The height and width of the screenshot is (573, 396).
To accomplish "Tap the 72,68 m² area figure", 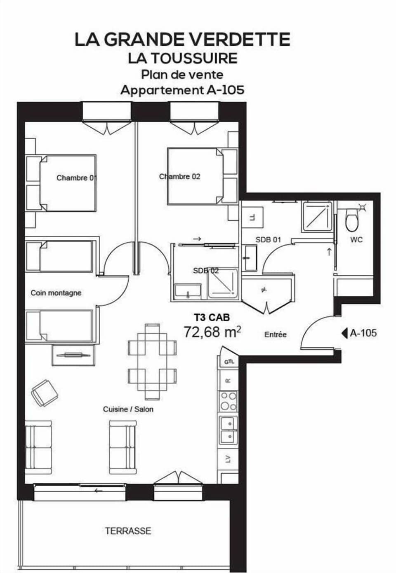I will [x=212, y=331].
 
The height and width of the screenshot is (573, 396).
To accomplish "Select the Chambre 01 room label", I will [x=76, y=178].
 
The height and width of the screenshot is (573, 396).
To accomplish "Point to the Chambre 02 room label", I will [x=180, y=176].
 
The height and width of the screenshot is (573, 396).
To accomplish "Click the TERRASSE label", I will [x=128, y=531].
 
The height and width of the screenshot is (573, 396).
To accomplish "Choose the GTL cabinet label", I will [x=229, y=362].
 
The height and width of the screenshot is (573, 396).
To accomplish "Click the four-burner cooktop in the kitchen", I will [x=229, y=401].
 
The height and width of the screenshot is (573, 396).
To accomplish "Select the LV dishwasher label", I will [x=228, y=458].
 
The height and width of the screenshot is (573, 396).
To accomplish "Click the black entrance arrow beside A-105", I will [x=344, y=332].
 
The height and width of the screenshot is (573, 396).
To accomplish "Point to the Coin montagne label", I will [x=56, y=293].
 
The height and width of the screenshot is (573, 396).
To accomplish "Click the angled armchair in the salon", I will [x=44, y=392].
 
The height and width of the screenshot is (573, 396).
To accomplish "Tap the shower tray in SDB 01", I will [x=317, y=217].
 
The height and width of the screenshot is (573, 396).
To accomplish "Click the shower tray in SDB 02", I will [x=223, y=284].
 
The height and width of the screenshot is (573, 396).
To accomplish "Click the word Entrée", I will [x=276, y=334].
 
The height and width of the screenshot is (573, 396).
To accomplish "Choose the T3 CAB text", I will [x=212, y=317].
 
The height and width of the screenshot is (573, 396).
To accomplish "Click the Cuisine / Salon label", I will [x=128, y=409].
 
